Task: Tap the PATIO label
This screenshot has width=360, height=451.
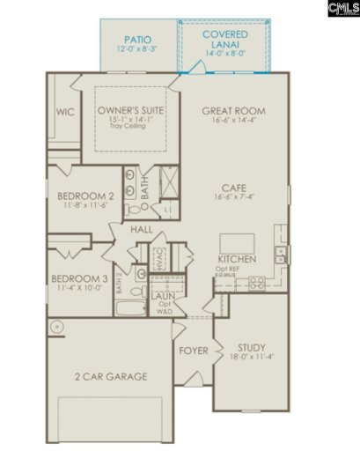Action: pos(138,40)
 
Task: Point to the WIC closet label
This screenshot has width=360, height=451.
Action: pos(63,112)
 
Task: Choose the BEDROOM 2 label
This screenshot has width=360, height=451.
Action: pos(84,196)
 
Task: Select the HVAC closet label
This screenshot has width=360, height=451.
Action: pos(160,258)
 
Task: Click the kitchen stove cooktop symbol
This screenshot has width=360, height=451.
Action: pos(257,284)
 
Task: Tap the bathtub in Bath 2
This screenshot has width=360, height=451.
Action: pos(130,308)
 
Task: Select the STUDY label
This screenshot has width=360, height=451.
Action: pos(252,347)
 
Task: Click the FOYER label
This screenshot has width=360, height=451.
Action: pos(194,351)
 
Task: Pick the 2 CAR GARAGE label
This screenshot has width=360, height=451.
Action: pos(110,376)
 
